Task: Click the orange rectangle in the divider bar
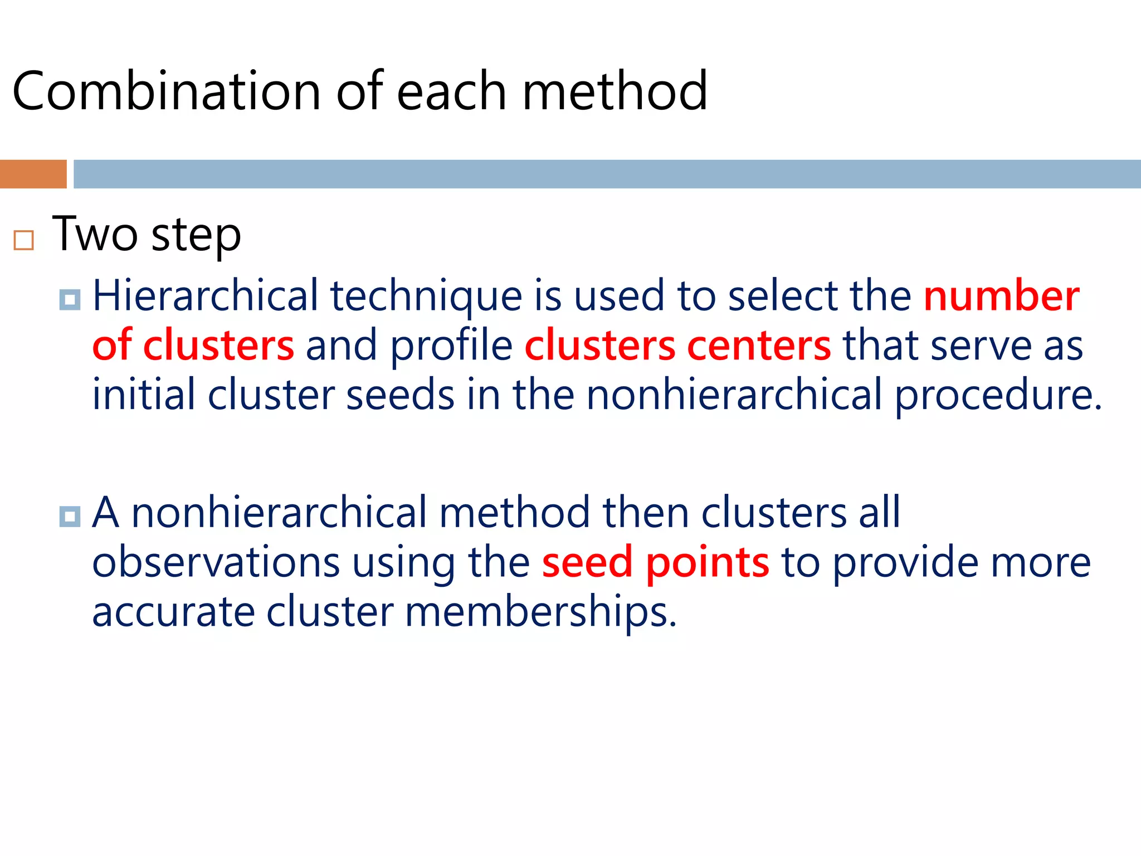(x=33, y=174)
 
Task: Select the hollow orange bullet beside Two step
(x=24, y=240)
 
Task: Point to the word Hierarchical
(x=204, y=295)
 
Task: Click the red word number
(x=1001, y=295)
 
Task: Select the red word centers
(x=759, y=346)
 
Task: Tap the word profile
(x=451, y=346)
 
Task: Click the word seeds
(x=400, y=395)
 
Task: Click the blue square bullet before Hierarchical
(x=70, y=300)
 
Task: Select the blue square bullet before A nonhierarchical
(x=70, y=516)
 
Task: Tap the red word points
(x=708, y=563)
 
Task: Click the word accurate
(x=173, y=612)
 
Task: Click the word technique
(x=426, y=296)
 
